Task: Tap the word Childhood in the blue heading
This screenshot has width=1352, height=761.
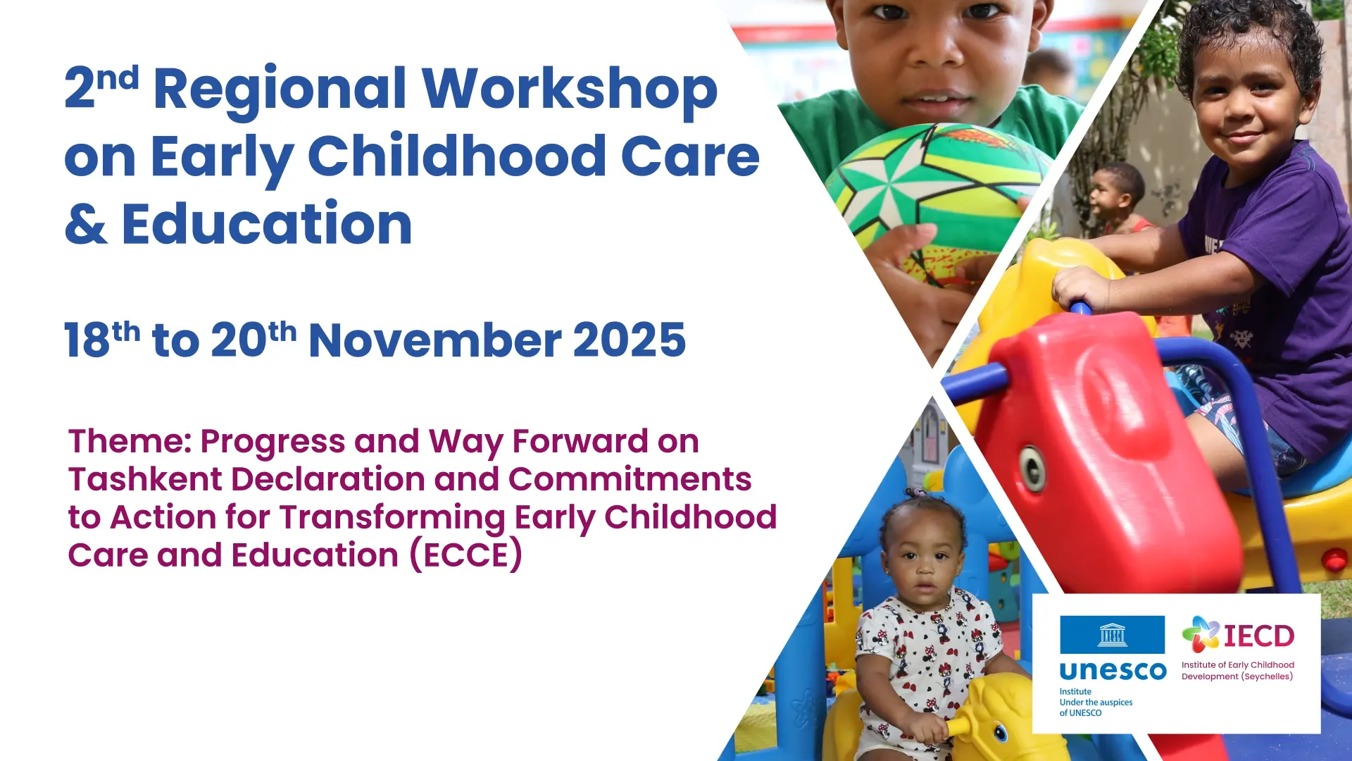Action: [x=457, y=156]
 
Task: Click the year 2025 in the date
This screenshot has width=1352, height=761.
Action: [x=630, y=340]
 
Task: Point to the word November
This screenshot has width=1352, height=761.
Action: [x=434, y=340]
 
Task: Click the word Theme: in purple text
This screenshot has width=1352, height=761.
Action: [x=130, y=442]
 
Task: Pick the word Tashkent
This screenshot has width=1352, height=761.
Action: [x=145, y=479]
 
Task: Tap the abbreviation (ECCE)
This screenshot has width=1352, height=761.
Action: [x=466, y=555]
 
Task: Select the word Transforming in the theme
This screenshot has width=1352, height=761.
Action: [x=392, y=518]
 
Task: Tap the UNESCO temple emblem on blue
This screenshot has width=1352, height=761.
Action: [x=1113, y=635]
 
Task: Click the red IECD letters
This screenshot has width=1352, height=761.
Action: [x=1259, y=636]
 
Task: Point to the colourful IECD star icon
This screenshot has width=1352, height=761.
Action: [x=1201, y=634]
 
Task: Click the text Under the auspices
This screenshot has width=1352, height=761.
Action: [x=1096, y=703]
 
